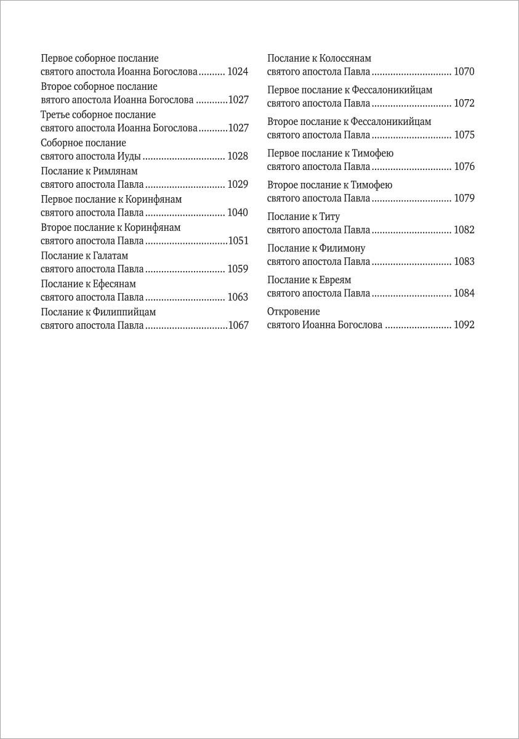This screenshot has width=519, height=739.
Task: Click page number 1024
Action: (238, 71)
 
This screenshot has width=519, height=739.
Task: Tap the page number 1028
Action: (238, 156)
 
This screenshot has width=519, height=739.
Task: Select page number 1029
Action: (238, 184)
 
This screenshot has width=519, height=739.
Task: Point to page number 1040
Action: (238, 212)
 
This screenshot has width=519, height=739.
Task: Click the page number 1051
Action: (238, 241)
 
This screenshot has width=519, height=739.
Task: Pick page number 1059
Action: (238, 269)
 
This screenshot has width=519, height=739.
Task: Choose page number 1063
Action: (238, 297)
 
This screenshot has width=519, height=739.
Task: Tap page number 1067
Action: (238, 326)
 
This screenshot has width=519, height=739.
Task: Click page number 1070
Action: (464, 71)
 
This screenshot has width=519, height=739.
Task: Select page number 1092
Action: (464, 325)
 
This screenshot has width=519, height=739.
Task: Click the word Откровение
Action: (294, 312)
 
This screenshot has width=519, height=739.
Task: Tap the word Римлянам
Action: (116, 171)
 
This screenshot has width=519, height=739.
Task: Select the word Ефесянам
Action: (115, 284)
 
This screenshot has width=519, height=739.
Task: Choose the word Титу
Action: (330, 217)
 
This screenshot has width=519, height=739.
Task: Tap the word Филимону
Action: (342, 248)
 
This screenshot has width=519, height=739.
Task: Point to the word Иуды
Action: (129, 156)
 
